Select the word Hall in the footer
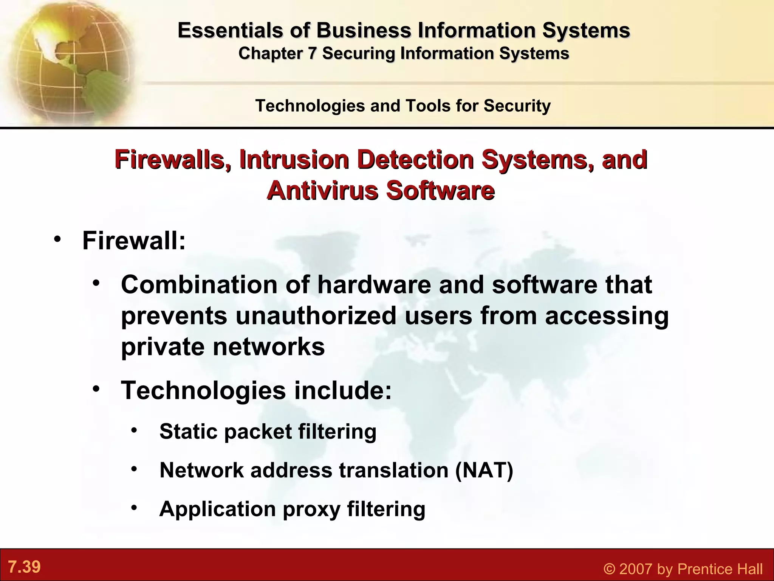tap(747, 569)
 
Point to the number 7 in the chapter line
tap(311, 53)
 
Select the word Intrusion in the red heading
tap(294, 160)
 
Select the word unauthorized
tap(316, 315)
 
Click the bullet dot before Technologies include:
tap(96, 389)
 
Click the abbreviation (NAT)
tap(484, 470)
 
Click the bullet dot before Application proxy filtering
tap(134, 508)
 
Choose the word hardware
tap(374, 284)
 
